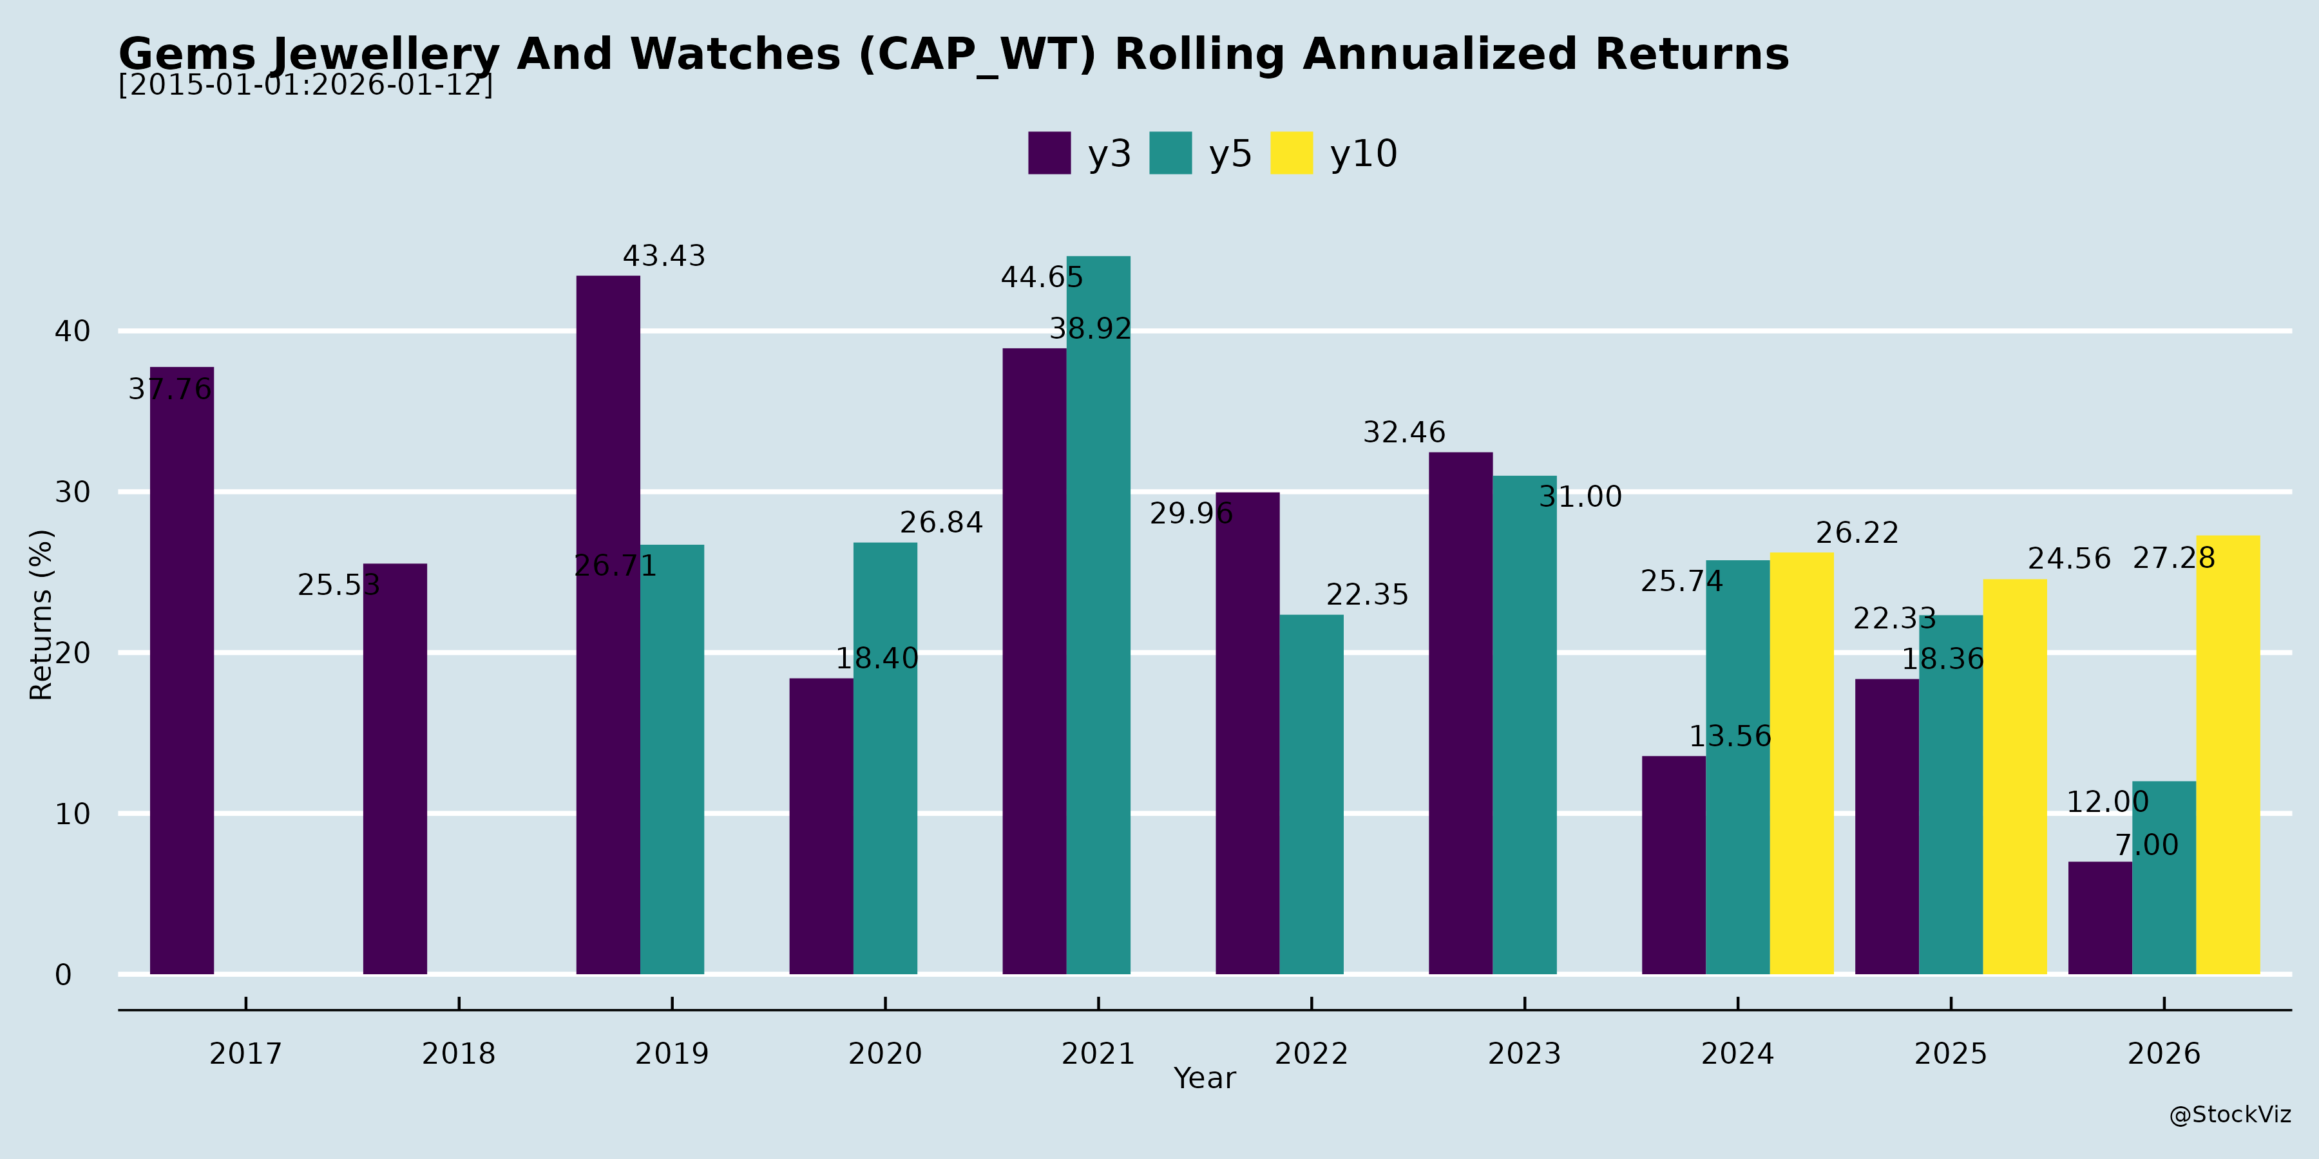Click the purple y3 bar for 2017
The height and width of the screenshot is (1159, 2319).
(x=182, y=670)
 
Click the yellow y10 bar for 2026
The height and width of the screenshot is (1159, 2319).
(x=2228, y=755)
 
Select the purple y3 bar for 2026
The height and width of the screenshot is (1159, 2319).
(x=2100, y=918)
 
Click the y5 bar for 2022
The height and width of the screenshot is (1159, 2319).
(x=1311, y=794)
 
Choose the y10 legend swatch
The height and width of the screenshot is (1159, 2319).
(x=1292, y=153)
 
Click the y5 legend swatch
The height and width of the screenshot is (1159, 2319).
(x=1170, y=153)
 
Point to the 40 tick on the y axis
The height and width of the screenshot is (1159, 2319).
(x=72, y=331)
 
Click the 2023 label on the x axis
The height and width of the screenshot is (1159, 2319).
(x=1524, y=1053)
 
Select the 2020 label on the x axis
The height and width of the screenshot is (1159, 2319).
(x=885, y=1053)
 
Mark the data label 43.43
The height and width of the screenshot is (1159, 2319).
(x=664, y=256)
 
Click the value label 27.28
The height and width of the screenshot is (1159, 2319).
(x=2173, y=559)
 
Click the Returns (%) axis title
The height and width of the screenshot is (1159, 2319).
(x=41, y=615)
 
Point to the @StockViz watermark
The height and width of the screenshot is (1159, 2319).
(x=2230, y=1115)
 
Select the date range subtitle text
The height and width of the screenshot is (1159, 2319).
(x=306, y=86)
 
